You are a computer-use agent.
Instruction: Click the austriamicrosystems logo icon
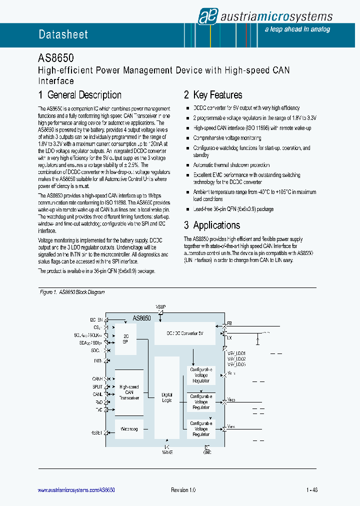[206, 16]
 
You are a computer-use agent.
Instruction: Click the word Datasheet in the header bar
[63, 34]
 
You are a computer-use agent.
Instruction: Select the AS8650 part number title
[56, 58]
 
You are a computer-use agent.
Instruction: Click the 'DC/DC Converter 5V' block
[185, 333]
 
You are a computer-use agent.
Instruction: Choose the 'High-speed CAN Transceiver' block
[129, 392]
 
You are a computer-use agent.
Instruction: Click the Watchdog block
[129, 429]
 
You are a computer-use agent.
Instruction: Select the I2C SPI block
[125, 339]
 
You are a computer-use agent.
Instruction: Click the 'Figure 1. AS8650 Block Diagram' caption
[72, 292]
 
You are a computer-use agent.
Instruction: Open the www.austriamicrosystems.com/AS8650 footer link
[76, 490]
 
